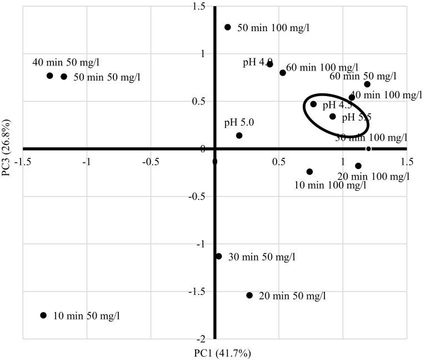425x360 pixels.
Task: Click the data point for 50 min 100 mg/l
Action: pyautogui.click(x=228, y=27)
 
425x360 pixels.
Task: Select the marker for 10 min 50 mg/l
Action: pyautogui.click(x=44, y=316)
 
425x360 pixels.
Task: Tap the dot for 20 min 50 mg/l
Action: pyautogui.click(x=249, y=296)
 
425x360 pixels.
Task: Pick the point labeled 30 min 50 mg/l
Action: pyautogui.click(x=219, y=257)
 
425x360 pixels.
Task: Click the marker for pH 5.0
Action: pyautogui.click(x=239, y=136)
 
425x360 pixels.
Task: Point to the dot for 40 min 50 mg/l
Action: pyautogui.click(x=49, y=76)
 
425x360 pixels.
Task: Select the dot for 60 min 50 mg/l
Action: pyautogui.click(x=367, y=84)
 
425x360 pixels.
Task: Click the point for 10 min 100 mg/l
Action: pyautogui.click(x=310, y=172)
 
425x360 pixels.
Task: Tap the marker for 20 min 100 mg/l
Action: pyautogui.click(x=358, y=166)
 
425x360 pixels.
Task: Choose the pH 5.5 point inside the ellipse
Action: pyautogui.click(x=333, y=117)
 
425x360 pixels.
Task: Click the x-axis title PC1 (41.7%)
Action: pyautogui.click(x=214, y=353)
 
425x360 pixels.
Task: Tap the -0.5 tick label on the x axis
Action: pyautogui.click(x=150, y=161)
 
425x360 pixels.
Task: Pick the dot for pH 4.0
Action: pyautogui.click(x=270, y=64)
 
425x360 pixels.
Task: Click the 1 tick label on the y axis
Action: pyautogui.click(x=203, y=54)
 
